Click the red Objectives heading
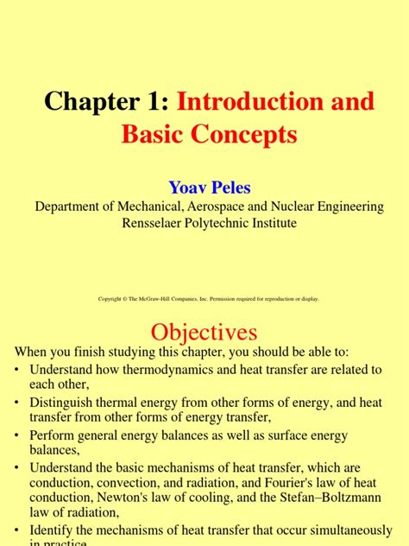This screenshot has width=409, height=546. pyautogui.click(x=204, y=332)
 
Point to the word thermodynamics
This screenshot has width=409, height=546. pyautogui.click(x=162, y=370)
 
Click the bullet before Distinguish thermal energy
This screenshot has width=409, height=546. pyautogui.click(x=18, y=403)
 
